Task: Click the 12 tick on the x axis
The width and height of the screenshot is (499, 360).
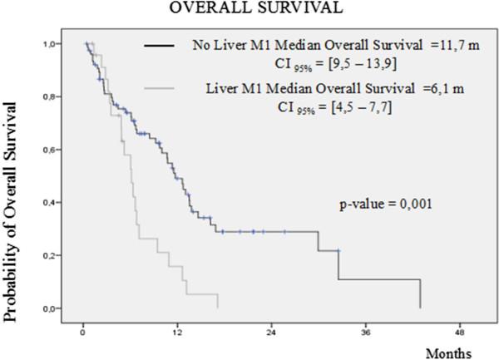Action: (176, 333)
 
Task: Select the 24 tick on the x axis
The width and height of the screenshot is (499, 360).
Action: (270, 333)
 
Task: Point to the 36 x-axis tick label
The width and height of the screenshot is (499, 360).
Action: (364, 333)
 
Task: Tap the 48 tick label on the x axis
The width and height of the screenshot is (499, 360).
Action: (458, 333)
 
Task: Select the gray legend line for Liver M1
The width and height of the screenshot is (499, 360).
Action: (161, 87)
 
